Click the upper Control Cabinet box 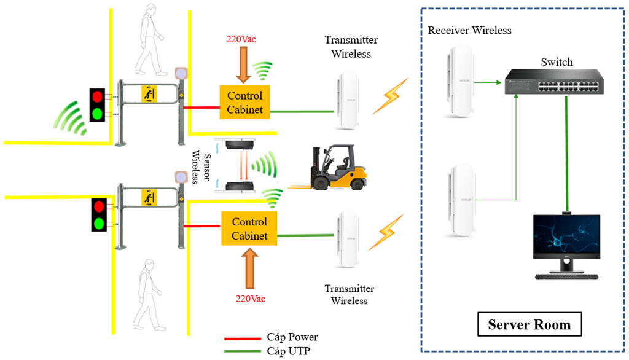point(245,103)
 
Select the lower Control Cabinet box point(249,228)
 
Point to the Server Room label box point(529,324)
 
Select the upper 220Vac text point(241,39)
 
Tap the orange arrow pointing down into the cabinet point(244,66)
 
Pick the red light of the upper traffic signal point(97,96)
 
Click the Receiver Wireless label point(469,30)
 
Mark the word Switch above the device point(557,62)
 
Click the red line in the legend point(243,338)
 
